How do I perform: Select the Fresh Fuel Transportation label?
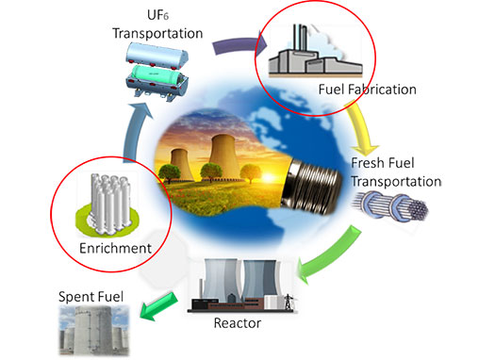click(396, 172)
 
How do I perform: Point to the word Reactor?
click(237, 324)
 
